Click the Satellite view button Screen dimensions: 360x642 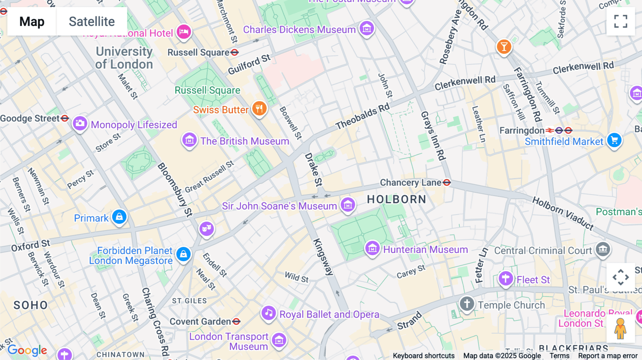pyautogui.click(x=92, y=21)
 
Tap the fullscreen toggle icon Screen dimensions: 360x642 pyautogui.click(x=621, y=21)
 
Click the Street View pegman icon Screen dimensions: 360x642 pyautogui.click(x=620, y=329)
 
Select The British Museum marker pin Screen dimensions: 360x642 pyautogui.click(x=189, y=140)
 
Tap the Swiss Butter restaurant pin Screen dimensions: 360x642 pyautogui.click(x=259, y=108)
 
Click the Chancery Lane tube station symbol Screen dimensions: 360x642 pyautogui.click(x=447, y=182)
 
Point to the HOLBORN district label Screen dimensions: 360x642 pyautogui.click(x=397, y=199)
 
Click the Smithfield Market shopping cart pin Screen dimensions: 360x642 pyautogui.click(x=614, y=140)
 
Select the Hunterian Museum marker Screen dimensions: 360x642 pyautogui.click(x=372, y=248)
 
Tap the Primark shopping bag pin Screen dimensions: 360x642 pyautogui.click(x=119, y=217)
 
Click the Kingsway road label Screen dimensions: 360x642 pyautogui.click(x=323, y=257)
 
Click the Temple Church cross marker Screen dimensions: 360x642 pyautogui.click(x=467, y=304)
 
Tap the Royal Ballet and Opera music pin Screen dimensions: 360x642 pyautogui.click(x=269, y=313)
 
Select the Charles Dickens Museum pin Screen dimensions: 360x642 pyautogui.click(x=367, y=28)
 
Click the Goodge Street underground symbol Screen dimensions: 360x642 pyautogui.click(x=65, y=118)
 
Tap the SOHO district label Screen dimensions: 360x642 pyautogui.click(x=31, y=305)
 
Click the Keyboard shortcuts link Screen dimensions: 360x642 pyautogui.click(x=423, y=356)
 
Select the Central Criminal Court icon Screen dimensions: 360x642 pyautogui.click(x=603, y=249)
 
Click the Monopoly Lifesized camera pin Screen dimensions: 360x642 pyautogui.click(x=80, y=124)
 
